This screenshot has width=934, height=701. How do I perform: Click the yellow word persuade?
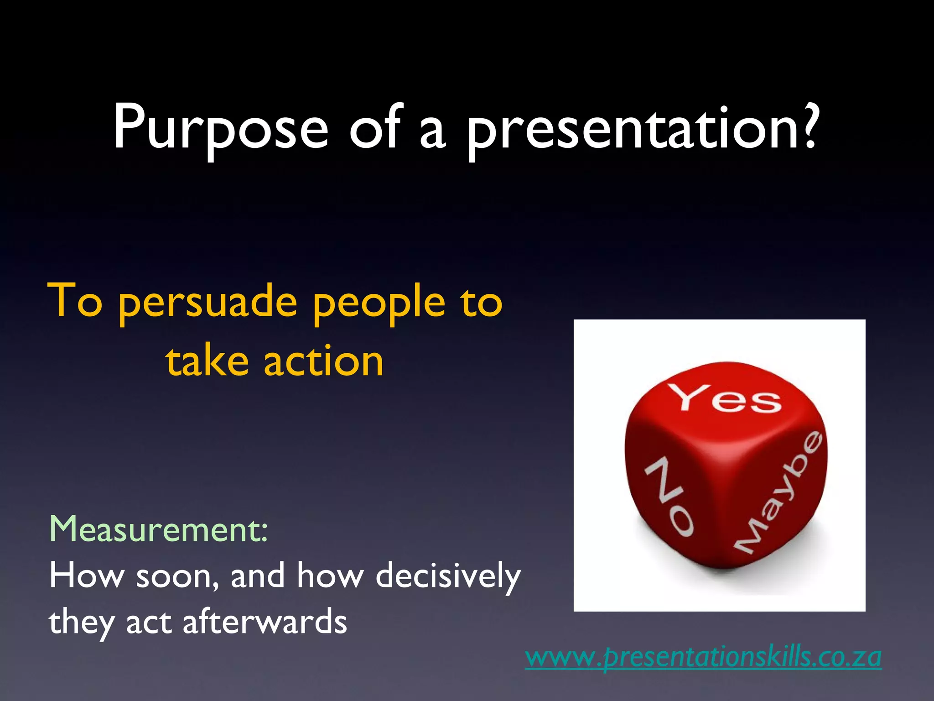tap(208, 303)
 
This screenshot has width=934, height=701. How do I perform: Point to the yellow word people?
tap(379, 303)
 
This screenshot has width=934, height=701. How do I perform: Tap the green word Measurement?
tap(158, 529)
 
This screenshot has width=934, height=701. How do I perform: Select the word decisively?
tap(448, 576)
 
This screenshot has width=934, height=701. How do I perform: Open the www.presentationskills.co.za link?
tap(703, 657)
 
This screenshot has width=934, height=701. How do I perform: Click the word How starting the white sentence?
tap(87, 575)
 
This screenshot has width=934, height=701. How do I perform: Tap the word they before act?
tap(81, 623)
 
